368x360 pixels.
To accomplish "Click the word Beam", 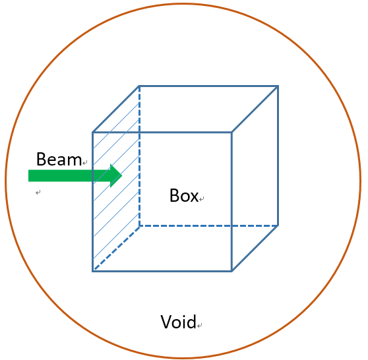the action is pos(59,159).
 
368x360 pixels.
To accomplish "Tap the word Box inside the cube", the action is pos(184,195).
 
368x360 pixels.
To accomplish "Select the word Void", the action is pos(178,322).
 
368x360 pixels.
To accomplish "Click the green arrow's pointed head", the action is pos(122,175).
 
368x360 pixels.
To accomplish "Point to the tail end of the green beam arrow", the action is pos(28,175).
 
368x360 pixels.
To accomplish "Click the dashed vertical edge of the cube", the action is pos(139,156).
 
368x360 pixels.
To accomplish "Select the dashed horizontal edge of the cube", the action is pos(208,225).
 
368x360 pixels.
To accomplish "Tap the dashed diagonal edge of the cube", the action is pos(116,249).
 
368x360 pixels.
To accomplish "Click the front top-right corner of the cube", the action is pos(231,133).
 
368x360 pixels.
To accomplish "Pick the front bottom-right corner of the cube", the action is pos(231,271).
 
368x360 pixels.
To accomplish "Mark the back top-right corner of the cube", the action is pos(278,86).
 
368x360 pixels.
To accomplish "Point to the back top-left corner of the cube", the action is pos(139,86).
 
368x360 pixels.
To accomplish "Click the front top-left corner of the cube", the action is pos(93,133).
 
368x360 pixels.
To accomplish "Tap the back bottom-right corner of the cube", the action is pos(278,225).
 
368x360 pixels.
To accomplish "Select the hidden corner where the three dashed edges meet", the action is pos(139,225).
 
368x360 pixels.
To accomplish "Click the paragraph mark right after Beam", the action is pos(84,162).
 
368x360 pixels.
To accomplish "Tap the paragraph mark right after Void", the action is pos(199,325).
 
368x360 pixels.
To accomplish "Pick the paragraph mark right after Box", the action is pos(202,198).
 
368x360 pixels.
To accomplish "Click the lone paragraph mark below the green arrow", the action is pos(38,193).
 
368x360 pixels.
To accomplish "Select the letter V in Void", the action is pos(166,322).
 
